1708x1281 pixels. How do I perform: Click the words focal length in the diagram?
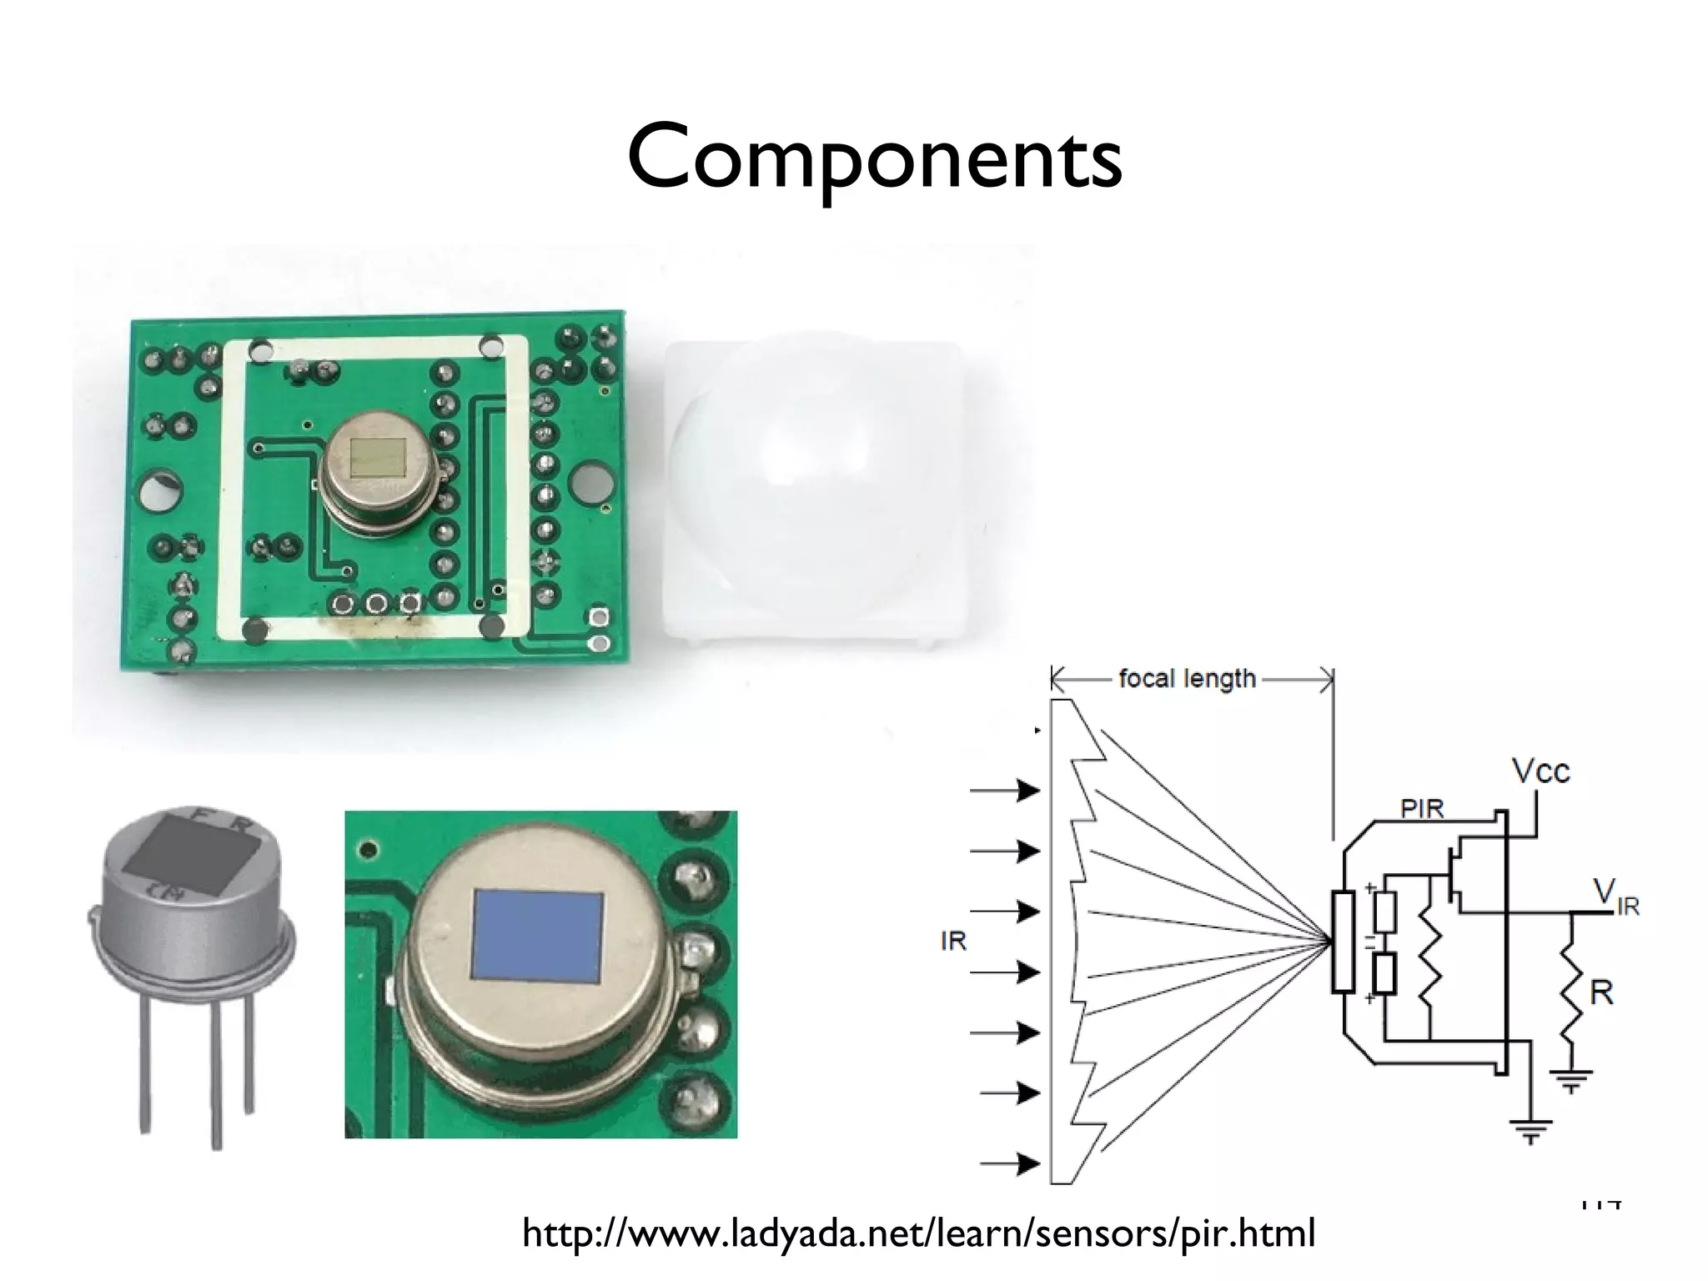1187,679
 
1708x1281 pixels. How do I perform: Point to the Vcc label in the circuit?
1541,771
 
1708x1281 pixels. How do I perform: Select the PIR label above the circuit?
1422,808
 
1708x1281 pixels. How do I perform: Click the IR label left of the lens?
953,942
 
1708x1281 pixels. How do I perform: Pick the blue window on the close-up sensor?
538,934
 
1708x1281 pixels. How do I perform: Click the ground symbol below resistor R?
1572,1083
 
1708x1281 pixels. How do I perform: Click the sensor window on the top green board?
379,457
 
